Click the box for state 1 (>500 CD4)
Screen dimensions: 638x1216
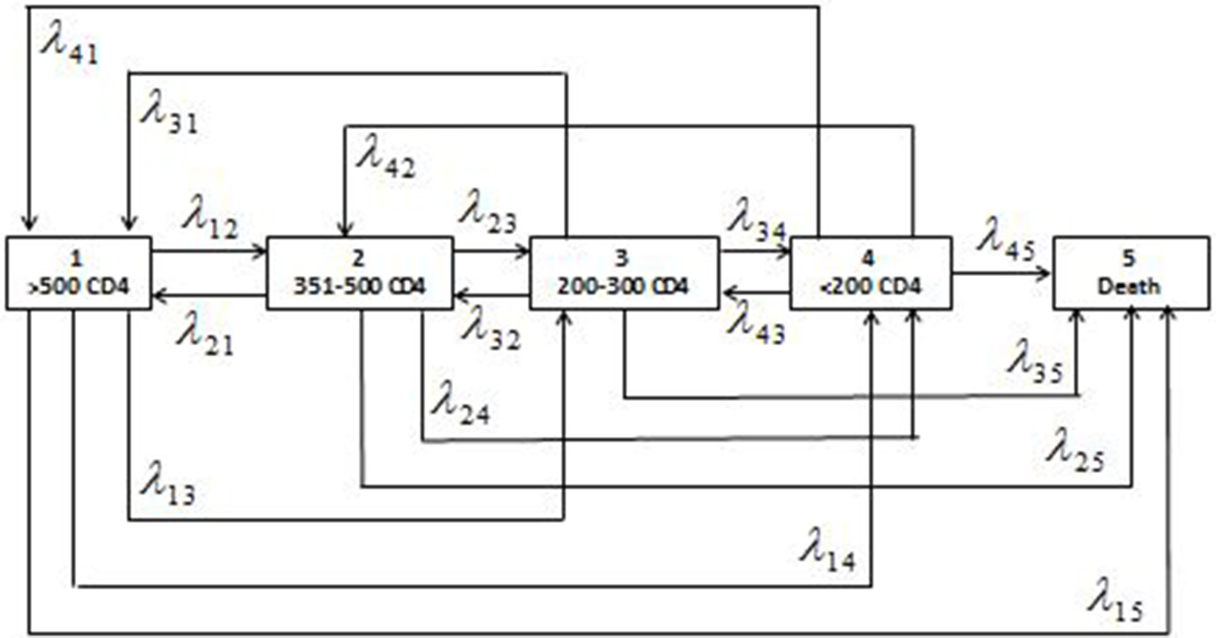[79, 273]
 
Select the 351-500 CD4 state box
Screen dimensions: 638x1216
[360, 273]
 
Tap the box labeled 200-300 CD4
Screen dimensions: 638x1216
[624, 273]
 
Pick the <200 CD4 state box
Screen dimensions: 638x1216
[870, 273]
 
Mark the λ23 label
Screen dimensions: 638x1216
[487, 214]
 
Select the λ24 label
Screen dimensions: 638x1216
[460, 402]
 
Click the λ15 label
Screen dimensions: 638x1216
[1116, 599]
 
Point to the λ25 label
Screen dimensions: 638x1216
[1073, 451]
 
